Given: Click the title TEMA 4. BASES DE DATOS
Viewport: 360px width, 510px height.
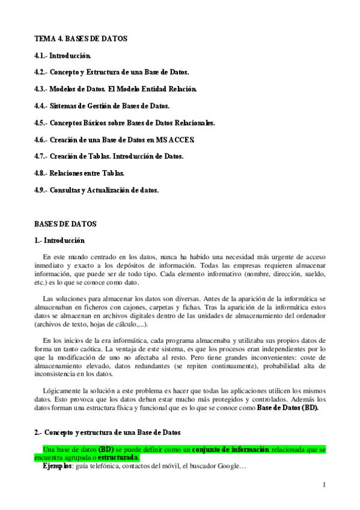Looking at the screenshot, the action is (81, 38).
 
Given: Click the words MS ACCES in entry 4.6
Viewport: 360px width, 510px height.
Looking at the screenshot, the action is (177, 140).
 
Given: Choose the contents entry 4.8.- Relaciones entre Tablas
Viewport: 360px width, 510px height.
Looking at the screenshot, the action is (79, 173).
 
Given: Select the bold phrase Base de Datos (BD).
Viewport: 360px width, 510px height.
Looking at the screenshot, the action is (287, 407).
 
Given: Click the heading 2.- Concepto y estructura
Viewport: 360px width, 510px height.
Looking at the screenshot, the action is (107, 432).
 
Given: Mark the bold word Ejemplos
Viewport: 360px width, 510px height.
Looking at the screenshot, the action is (57, 465).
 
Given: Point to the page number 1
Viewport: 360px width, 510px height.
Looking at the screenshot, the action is (324, 485).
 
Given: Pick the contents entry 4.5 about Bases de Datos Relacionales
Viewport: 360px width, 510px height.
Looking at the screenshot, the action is (124, 123).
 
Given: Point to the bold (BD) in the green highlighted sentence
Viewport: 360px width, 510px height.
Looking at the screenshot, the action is (106, 449).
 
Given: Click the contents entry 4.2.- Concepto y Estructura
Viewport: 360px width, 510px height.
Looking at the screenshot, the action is (112, 72).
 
